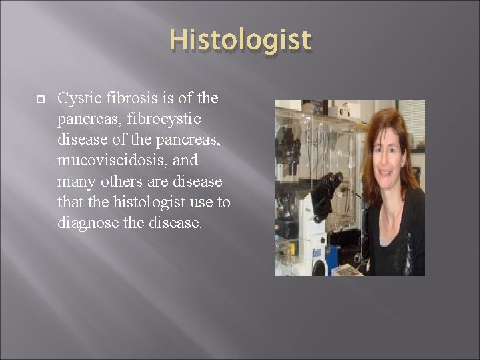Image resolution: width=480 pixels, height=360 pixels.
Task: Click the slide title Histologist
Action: [240, 41]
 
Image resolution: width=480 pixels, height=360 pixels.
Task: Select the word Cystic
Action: [77, 99]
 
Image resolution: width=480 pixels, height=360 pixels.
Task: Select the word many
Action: [75, 181]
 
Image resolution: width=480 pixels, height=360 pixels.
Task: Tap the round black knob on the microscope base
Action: [319, 267]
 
